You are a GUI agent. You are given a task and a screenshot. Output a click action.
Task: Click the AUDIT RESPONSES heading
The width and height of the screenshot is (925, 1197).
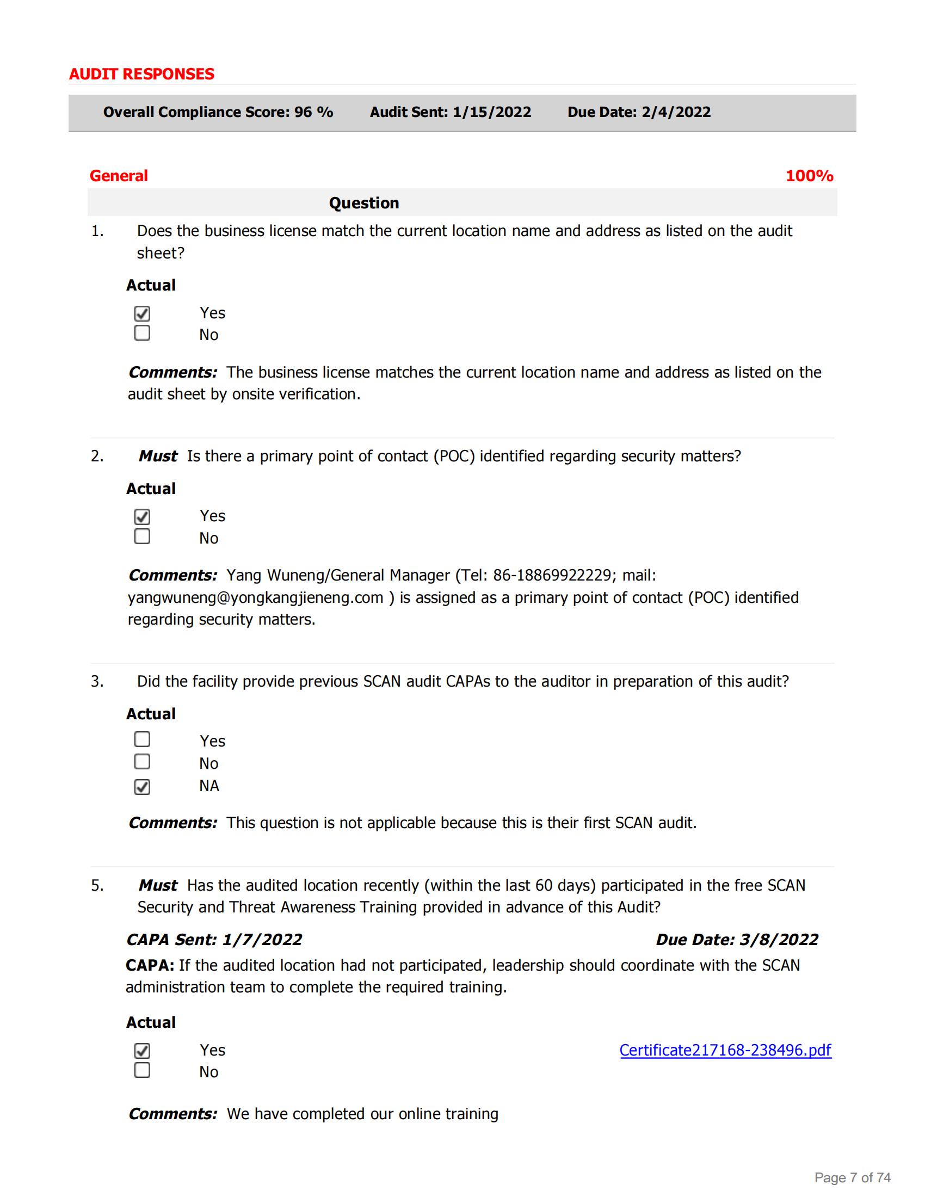(141, 74)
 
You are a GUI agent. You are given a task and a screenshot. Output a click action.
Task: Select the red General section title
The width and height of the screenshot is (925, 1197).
(119, 176)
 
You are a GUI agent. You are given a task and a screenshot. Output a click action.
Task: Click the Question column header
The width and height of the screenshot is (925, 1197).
(364, 203)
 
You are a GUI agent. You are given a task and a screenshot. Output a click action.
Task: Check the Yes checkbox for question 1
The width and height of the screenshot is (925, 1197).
(142, 313)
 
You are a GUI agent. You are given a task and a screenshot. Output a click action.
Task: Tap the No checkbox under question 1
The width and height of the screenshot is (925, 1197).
(142, 333)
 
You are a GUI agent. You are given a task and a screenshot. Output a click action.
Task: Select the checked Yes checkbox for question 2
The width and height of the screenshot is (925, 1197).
(142, 516)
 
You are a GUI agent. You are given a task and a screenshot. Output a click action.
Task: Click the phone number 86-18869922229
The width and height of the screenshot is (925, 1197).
(551, 576)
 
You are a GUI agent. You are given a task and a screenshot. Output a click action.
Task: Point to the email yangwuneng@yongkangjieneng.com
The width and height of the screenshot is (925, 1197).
(255, 597)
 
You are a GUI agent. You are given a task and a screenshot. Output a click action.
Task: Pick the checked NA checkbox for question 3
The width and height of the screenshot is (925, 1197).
(142, 787)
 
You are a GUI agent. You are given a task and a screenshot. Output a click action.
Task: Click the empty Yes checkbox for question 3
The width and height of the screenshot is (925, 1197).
(142, 739)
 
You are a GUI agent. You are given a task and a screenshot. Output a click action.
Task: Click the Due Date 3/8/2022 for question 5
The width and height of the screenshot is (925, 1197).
(778, 940)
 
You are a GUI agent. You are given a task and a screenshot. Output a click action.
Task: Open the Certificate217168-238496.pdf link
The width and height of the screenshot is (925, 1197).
(725, 1050)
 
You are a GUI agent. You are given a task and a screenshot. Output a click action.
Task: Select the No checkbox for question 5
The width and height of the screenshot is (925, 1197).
(142, 1070)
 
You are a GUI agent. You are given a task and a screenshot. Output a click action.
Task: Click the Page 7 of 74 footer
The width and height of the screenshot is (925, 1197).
(852, 1177)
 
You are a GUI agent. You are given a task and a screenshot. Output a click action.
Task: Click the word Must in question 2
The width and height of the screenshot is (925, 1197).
(158, 456)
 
